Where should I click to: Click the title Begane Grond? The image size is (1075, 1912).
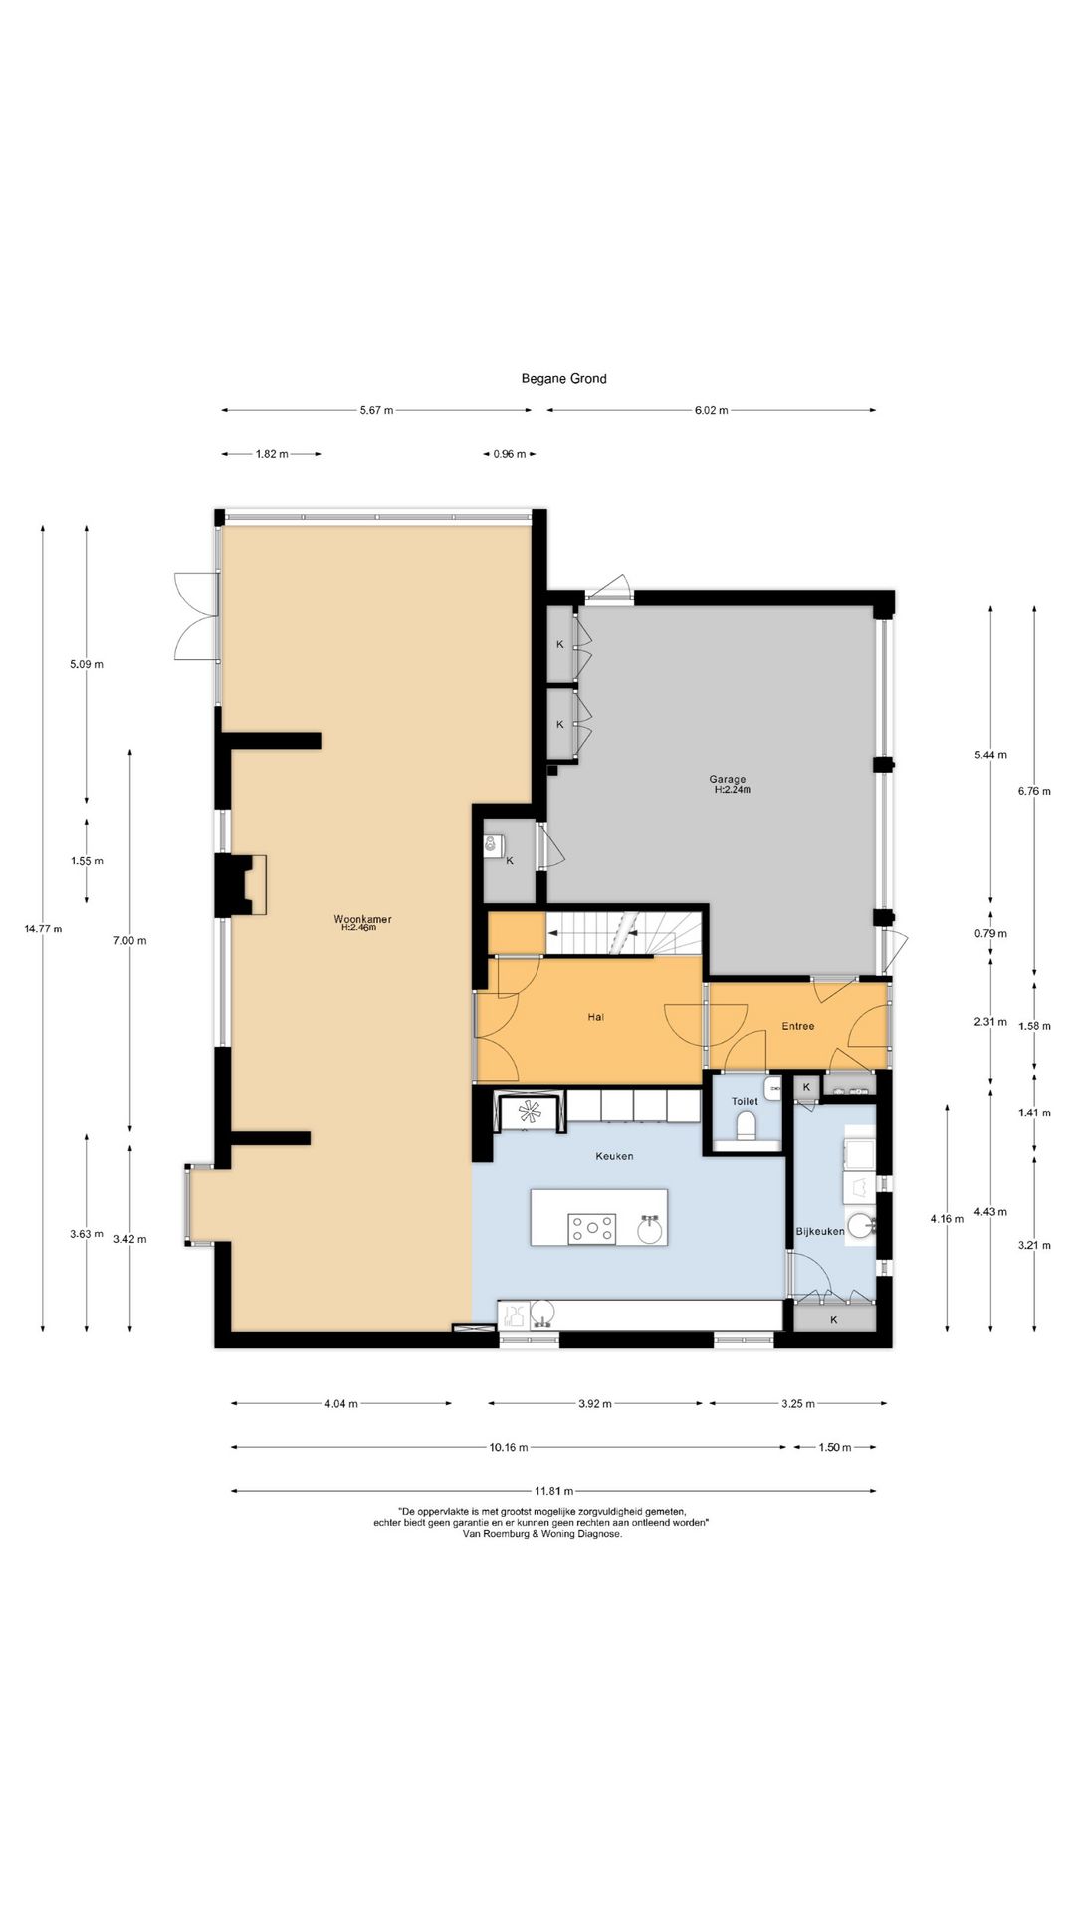pyautogui.click(x=563, y=379)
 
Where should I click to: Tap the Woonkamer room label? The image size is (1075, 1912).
pyautogui.click(x=362, y=919)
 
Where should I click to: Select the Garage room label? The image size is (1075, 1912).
pyautogui.click(x=727, y=780)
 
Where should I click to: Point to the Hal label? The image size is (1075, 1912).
pyautogui.click(x=596, y=1017)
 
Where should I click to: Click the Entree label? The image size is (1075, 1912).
pyautogui.click(x=797, y=1026)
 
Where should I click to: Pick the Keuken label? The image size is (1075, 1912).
pyautogui.click(x=614, y=1156)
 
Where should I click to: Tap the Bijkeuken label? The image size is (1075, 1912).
pyautogui.click(x=820, y=1232)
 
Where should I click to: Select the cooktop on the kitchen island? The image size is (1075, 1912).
pyautogui.click(x=592, y=1229)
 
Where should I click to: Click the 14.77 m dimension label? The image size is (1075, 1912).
pyautogui.click(x=43, y=929)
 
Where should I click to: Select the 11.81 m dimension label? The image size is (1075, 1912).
pyautogui.click(x=553, y=1492)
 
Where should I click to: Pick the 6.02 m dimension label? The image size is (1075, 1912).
pyautogui.click(x=712, y=410)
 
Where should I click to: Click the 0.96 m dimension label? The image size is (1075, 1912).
pyautogui.click(x=509, y=454)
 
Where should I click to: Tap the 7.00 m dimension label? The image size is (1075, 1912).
pyautogui.click(x=130, y=940)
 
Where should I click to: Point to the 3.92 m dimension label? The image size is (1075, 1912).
pyautogui.click(x=595, y=1404)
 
